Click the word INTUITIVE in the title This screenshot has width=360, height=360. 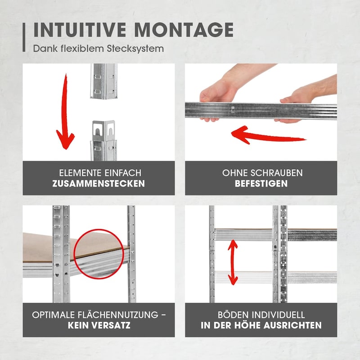80,30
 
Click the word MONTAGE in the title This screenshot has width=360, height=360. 184,30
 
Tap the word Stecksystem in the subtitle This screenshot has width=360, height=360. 135,49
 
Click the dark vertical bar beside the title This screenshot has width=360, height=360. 24,37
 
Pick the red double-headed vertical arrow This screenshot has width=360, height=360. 233,262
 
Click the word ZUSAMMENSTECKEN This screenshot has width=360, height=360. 99,184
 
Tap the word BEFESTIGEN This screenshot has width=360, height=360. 261,184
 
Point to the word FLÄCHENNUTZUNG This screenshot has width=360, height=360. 118,315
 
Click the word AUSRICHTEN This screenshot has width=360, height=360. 292,325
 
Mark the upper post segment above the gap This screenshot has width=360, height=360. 103,81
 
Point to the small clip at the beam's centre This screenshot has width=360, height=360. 233,110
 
